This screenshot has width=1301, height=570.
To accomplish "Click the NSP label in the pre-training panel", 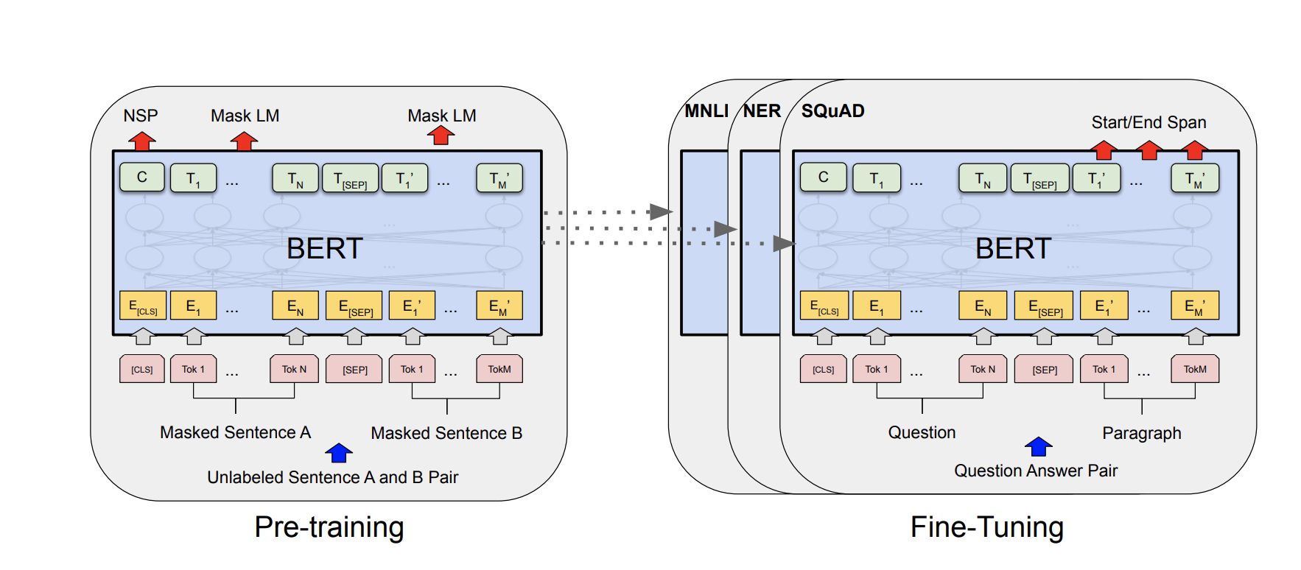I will click(140, 116).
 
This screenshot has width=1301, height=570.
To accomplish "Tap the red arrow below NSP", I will click(141, 140).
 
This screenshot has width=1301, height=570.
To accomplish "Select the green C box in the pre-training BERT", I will click(142, 177).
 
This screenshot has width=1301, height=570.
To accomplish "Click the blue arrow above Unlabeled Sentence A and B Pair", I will click(339, 453).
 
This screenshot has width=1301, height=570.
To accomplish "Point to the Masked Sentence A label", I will click(235, 432).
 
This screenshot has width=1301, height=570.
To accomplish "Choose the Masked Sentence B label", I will click(446, 433).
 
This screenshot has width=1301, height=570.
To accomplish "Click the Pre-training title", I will click(329, 527).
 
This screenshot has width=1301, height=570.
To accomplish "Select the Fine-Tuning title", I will click(986, 527).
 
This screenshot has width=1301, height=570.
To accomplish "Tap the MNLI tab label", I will click(706, 111).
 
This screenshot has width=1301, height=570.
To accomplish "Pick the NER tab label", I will click(762, 111).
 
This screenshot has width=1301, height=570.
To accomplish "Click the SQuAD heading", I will click(832, 111).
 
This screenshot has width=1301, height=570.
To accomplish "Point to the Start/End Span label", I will click(1149, 122).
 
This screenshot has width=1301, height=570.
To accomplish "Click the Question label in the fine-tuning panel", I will click(922, 432).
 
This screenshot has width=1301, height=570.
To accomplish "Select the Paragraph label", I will click(1141, 433).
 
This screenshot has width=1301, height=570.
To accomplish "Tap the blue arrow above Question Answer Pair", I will click(1038, 446).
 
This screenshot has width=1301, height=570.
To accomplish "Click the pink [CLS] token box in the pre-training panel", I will click(142, 369).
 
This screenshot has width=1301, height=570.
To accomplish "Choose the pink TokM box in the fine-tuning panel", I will click(1195, 369).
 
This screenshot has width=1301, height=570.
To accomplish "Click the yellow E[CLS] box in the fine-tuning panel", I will click(824, 306).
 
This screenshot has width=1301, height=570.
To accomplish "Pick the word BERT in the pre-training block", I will click(325, 249).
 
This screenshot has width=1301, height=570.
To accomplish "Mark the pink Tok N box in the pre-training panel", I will click(294, 369).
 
